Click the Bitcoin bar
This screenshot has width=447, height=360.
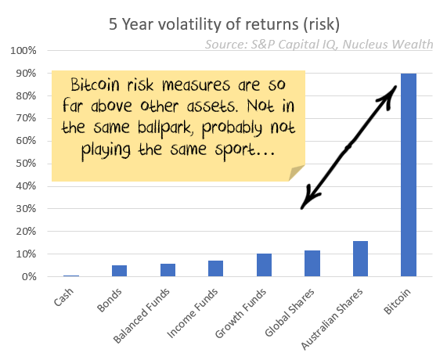[x=408, y=175]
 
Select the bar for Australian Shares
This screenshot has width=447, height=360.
[x=360, y=258]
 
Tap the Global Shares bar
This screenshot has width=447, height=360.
[x=312, y=264]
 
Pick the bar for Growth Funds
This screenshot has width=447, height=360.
[x=264, y=265]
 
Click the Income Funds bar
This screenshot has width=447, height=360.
[x=215, y=268]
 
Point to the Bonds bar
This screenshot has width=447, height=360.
[x=119, y=271]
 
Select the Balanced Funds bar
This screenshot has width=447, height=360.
[x=168, y=270]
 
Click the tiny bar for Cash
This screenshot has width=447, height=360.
[x=71, y=275]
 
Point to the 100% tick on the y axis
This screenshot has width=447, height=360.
[x=23, y=51]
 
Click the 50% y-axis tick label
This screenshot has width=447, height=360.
[x=26, y=164]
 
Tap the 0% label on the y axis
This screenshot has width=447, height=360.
[x=29, y=276]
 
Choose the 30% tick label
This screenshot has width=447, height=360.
[x=26, y=209]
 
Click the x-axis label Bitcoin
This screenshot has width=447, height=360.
[x=397, y=301]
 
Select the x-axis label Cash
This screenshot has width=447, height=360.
[x=63, y=297]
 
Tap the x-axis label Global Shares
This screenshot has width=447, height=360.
[x=290, y=312]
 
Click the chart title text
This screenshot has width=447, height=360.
[x=224, y=24]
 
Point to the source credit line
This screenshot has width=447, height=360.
[x=319, y=45]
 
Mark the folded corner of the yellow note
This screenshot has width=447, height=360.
[x=297, y=173]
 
